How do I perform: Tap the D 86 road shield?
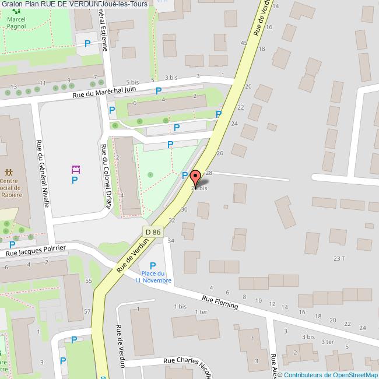(x=153, y=232)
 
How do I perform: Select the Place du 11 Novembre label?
(x=153, y=277)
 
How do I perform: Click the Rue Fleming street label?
(x=220, y=301)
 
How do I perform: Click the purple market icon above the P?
(x=75, y=170)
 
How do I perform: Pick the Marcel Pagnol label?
(x=20, y=23)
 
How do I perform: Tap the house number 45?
(x=244, y=43)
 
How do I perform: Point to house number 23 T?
(x=339, y=258)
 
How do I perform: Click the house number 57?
(x=87, y=311)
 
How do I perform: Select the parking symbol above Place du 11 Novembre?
(x=153, y=266)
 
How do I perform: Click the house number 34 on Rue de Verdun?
(x=171, y=240)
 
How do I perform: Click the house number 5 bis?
(x=132, y=83)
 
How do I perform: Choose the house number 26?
(x=220, y=153)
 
